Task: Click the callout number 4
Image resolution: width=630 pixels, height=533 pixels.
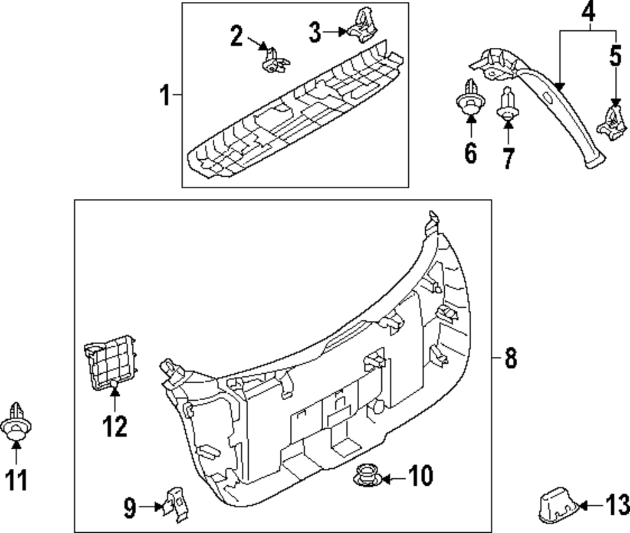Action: pyautogui.click(x=588, y=11)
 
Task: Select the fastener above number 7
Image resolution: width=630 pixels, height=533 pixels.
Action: pyautogui.click(x=508, y=107)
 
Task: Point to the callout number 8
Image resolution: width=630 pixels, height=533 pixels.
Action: pyautogui.click(x=510, y=358)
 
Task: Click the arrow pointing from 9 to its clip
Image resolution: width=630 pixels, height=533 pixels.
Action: pyautogui.click(x=149, y=506)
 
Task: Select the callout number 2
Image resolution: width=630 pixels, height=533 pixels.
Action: pyautogui.click(x=236, y=36)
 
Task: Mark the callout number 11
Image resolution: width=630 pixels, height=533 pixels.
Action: pyautogui.click(x=16, y=480)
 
